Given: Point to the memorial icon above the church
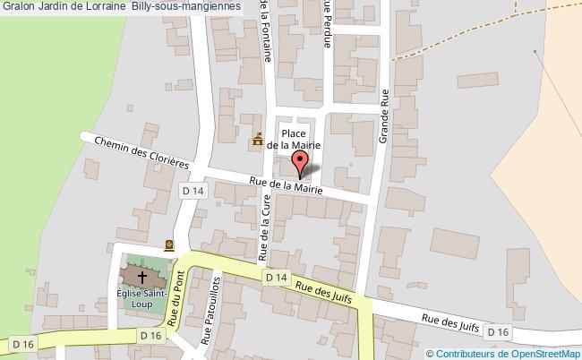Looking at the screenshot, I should (169, 244).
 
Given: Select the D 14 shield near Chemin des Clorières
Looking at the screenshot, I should (193, 191).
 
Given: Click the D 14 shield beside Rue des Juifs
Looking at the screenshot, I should (277, 279).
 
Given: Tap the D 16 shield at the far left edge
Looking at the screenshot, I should (21, 343).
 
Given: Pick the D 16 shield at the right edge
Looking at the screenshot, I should (497, 332).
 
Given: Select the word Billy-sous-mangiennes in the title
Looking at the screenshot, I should (185, 6).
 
